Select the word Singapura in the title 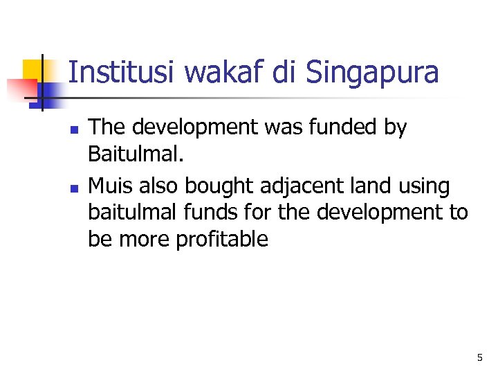(371, 73)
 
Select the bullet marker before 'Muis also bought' (75, 187)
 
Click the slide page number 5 (479, 358)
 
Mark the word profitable (222, 240)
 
